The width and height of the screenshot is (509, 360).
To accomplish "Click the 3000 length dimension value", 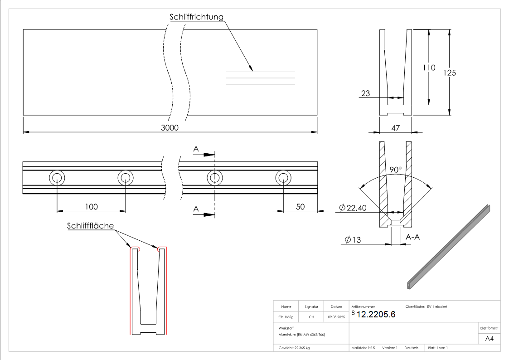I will point(170,128).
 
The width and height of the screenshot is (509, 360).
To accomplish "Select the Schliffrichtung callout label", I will point(197,17).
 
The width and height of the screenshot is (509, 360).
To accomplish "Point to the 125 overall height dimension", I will point(449,73).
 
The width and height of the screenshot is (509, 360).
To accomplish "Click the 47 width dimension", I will point(395,128).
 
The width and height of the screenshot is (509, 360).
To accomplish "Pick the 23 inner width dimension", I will point(365,94).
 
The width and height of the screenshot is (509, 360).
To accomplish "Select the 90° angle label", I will point(396,170).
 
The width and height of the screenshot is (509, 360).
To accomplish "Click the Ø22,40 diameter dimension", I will point(352,208).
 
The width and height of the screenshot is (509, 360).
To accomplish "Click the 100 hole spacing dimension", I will point(91,207).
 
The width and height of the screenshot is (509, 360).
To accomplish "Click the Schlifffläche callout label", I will point(90,226).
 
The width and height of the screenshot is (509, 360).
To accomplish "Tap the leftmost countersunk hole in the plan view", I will point(57,178).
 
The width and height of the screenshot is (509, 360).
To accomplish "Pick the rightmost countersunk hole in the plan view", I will point(283,178).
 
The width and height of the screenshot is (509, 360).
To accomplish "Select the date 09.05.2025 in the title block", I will point(336,317).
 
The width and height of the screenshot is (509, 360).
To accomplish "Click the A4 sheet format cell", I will point(489,338).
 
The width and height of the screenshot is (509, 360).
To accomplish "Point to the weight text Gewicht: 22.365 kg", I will point(294,348).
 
